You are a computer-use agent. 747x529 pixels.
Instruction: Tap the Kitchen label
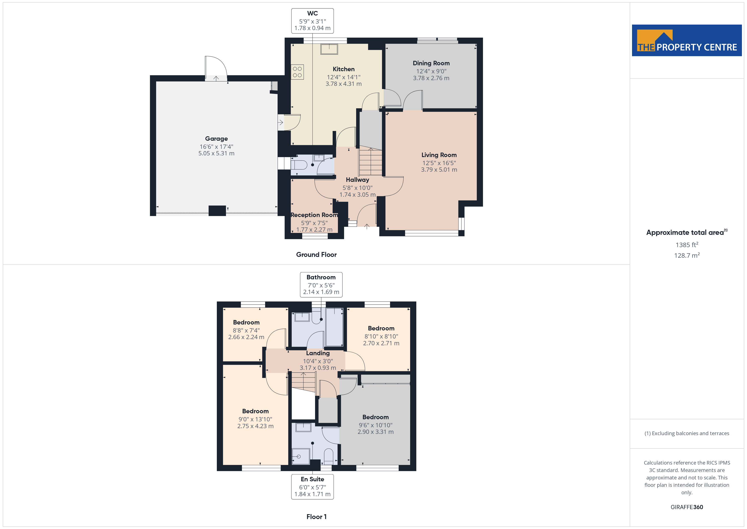click(344, 69)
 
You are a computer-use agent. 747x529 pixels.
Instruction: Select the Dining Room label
click(431, 63)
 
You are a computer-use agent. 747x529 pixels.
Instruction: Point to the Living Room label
click(439, 155)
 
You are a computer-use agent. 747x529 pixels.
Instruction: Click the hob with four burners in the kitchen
click(297, 72)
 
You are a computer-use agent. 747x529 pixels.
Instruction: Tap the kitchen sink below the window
click(329, 49)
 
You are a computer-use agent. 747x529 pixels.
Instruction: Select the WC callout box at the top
click(312, 21)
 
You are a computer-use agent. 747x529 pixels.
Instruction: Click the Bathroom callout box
click(321, 285)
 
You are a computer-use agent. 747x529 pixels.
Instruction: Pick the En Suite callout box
click(312, 487)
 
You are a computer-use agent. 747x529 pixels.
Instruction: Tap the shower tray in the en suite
click(301, 456)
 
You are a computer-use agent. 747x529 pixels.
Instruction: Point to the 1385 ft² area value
click(687, 245)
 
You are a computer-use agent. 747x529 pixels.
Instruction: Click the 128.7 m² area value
click(687, 255)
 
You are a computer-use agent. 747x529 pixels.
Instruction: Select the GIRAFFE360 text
click(687, 507)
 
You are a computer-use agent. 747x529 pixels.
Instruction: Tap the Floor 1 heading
click(316, 517)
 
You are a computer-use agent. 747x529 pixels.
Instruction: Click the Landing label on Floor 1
click(318, 353)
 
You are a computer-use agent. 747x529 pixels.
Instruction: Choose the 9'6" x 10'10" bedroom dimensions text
click(375, 425)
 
